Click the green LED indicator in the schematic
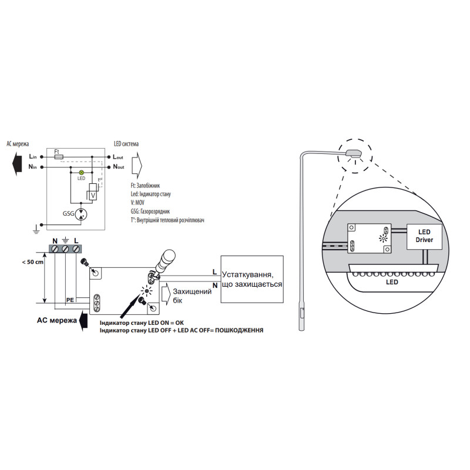(81, 173)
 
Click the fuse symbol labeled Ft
(58, 157)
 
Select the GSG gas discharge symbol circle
(81, 214)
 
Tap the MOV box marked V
(93, 196)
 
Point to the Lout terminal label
(118, 157)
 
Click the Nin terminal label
(32, 167)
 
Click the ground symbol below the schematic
(36, 229)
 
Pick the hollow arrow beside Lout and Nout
(137, 165)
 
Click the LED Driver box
(424, 236)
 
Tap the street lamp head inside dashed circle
(354, 153)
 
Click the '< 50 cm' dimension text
(32, 262)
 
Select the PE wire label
(70, 300)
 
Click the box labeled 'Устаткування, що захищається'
(252, 279)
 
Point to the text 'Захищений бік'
(192, 296)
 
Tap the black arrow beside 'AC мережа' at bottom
(84, 320)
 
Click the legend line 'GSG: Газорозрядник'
(150, 211)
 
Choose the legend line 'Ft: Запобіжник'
(145, 186)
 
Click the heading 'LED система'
(126, 144)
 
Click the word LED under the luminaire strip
(392, 282)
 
